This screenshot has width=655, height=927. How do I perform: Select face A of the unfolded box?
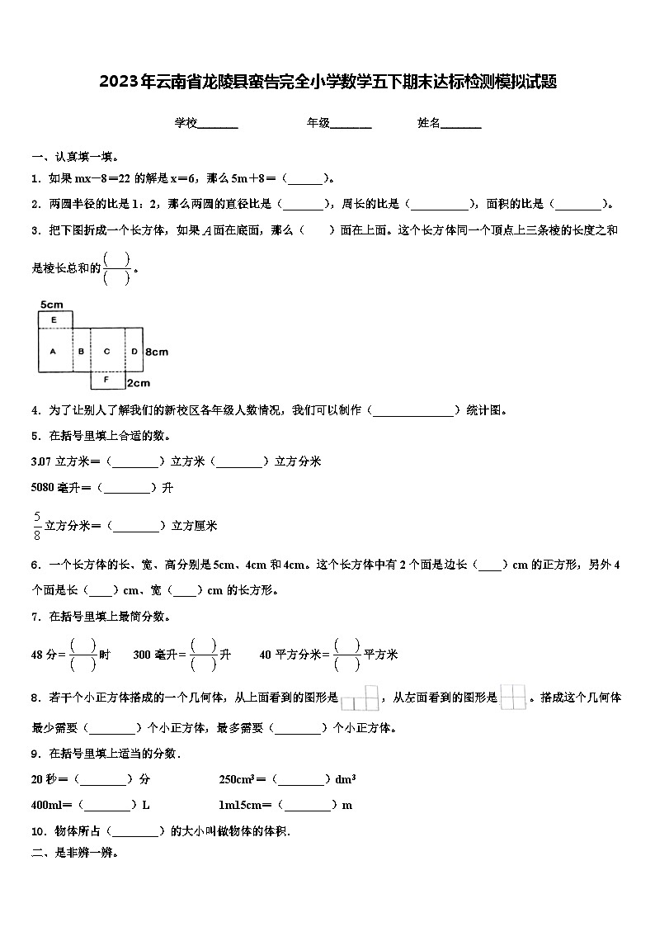[53, 352]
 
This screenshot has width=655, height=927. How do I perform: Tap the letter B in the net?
[81, 352]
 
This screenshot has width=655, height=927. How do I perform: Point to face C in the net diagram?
[107, 352]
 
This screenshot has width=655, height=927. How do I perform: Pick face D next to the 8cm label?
[134, 352]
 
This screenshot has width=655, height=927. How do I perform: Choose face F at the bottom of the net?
[107, 381]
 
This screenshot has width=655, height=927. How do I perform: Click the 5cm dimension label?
[50, 305]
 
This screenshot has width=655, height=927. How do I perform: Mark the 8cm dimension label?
[157, 352]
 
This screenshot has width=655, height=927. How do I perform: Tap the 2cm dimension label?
[139, 382]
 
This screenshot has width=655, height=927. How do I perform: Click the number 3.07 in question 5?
[41, 461]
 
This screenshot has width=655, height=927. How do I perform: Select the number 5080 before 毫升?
[43, 487]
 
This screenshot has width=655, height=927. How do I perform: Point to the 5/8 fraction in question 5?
[37, 525]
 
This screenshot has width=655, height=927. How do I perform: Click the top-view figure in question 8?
[360, 699]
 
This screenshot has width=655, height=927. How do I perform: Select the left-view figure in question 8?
[512, 698]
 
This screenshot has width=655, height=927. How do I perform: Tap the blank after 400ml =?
[107, 805]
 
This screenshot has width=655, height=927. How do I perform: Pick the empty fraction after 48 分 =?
[82, 654]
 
